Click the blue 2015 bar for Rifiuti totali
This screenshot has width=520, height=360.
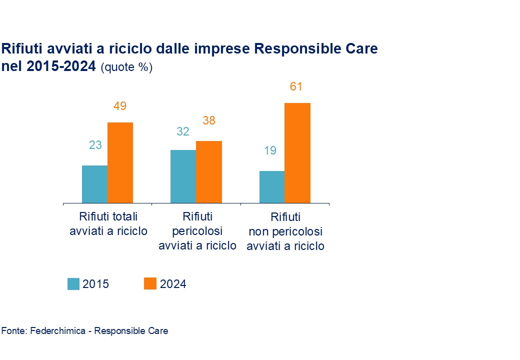pos(94,184)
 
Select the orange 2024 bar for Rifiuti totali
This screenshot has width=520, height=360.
pos(120,162)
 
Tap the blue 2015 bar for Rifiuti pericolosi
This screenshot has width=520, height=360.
pos(183,176)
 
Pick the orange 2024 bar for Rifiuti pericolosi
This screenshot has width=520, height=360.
pos(208,172)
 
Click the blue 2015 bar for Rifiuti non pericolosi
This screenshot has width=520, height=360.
pos(271,187)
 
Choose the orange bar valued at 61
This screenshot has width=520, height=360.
pos(297,153)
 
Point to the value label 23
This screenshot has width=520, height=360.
pos(95,145)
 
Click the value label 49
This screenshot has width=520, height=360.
pos(120,106)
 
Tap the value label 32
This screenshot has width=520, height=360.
pos(183,131)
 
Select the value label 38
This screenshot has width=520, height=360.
pos(208,120)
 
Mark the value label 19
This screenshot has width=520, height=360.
pos(270,150)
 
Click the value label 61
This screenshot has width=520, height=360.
pos(296,86)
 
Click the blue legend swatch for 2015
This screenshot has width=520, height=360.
pos(73,283)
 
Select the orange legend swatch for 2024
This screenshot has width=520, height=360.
pos(150,283)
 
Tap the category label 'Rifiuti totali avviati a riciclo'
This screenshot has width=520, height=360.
pos(108,223)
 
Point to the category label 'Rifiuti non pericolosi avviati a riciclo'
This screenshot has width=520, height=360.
pos(285,231)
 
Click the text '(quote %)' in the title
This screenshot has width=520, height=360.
pos(126,67)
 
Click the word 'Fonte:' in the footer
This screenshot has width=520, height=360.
pos(14,330)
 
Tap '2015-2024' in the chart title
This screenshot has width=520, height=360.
pos(62,66)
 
